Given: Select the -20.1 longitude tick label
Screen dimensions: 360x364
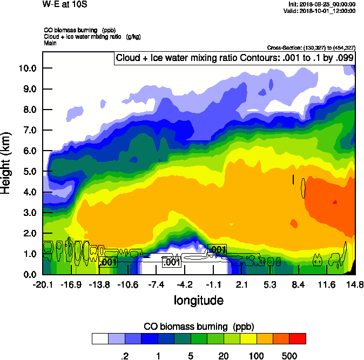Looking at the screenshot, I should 43,284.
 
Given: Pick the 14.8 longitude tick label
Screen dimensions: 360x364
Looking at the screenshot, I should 355,284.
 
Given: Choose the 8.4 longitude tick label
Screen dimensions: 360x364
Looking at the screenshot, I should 298,284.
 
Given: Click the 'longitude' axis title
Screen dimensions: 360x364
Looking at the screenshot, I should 198,300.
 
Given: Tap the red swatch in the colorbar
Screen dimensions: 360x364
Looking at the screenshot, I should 298,339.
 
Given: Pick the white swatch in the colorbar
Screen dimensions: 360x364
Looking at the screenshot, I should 100,339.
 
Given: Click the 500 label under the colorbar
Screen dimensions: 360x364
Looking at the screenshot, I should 289,356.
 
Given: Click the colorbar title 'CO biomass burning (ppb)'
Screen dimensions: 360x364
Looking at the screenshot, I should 198,327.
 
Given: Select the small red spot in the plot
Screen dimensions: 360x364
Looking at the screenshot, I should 335,202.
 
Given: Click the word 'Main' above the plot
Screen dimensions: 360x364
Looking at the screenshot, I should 51,43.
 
